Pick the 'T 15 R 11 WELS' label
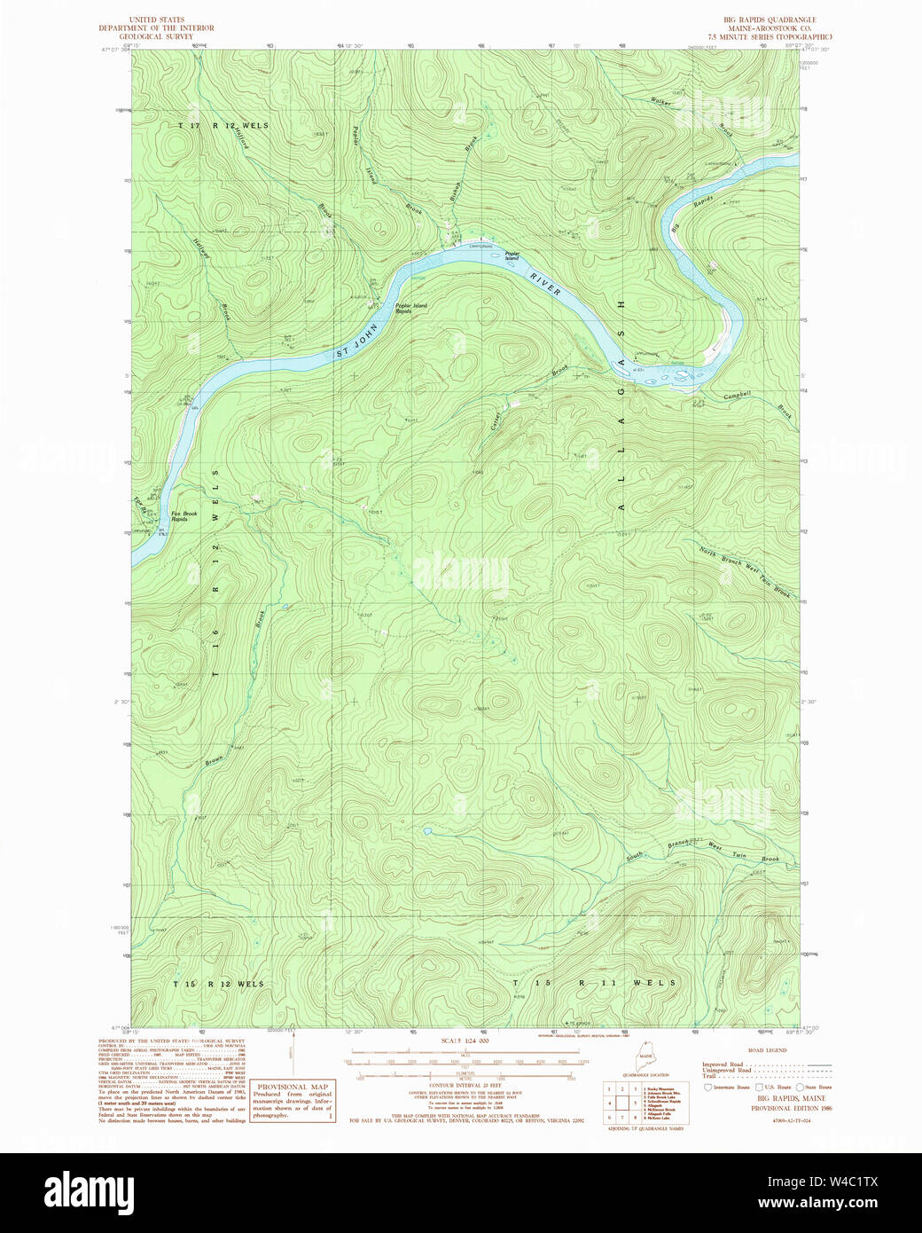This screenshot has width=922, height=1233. (x=595, y=983)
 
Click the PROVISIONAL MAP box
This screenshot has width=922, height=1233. (x=293, y=1102)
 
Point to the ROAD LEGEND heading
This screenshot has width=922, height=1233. (x=768, y=1049)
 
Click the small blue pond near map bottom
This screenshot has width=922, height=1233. (x=427, y=832)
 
